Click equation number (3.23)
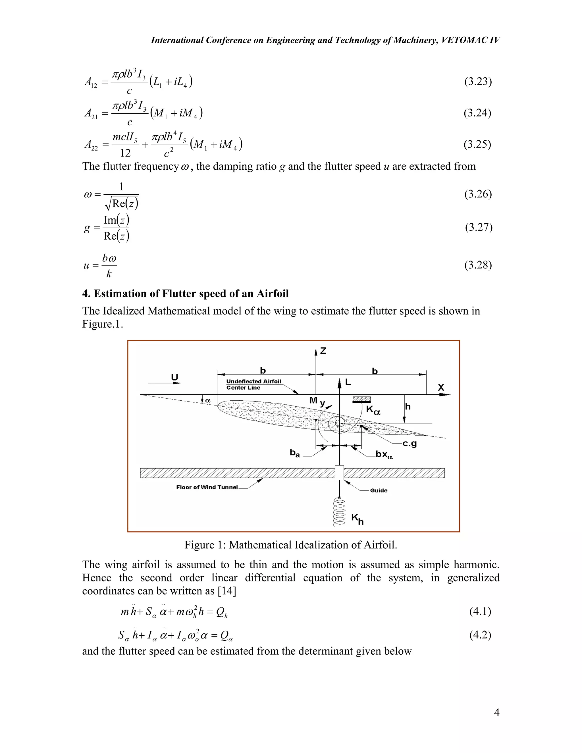(478, 82)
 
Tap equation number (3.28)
(478, 265)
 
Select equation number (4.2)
(480, 635)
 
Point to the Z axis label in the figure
(323, 351)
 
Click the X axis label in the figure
(441, 388)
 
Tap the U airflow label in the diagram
(175, 377)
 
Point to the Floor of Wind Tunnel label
(207, 487)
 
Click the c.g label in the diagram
(410, 444)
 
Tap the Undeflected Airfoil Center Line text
(253, 384)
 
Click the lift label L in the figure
(348, 382)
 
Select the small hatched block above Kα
(361, 400)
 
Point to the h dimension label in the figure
(408, 407)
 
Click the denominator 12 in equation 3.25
(125, 153)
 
